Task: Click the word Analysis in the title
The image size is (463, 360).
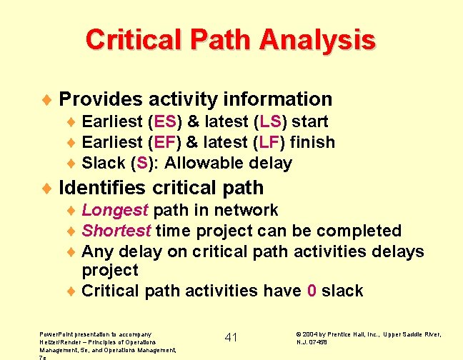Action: pyautogui.click(x=317, y=39)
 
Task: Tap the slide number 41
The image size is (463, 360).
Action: pyautogui.click(x=231, y=337)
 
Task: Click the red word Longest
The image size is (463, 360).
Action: pyautogui.click(x=115, y=210)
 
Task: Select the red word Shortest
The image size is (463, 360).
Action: pyautogui.click(x=116, y=231)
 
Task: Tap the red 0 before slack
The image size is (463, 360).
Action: pyautogui.click(x=312, y=291)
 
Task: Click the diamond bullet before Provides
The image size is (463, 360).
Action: pyautogui.click(x=46, y=100)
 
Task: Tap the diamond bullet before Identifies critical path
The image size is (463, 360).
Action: pyautogui.click(x=46, y=189)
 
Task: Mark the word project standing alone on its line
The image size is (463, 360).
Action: pyautogui.click(x=109, y=270)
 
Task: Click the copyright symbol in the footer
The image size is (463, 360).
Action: pyautogui.click(x=298, y=334)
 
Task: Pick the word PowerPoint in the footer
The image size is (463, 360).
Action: pyautogui.click(x=58, y=334)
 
